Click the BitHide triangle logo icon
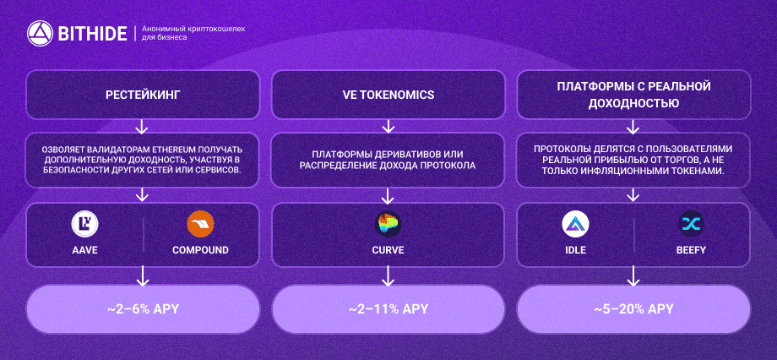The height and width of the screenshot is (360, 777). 41,34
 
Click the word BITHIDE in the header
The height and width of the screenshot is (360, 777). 92,34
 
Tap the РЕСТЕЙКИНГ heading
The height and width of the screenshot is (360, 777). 143,95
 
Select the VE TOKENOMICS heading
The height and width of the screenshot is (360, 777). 388,95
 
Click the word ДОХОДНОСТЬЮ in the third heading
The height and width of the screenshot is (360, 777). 633,103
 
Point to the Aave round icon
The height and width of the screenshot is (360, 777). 84,224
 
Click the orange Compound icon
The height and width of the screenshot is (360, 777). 200,224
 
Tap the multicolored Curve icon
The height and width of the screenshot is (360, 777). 388,224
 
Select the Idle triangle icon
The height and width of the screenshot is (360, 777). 575,224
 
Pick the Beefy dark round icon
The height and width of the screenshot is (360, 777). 691,224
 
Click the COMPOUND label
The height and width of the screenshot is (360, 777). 200,250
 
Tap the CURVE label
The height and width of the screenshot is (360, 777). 388,250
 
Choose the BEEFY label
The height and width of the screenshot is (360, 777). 691,250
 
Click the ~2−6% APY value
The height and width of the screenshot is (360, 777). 143,309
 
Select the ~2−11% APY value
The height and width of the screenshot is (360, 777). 388,309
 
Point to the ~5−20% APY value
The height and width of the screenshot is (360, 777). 633,309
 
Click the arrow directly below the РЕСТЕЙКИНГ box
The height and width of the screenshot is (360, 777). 142,126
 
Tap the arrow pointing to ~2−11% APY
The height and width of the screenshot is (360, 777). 388,275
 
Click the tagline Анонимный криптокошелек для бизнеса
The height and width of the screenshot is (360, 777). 193,33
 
